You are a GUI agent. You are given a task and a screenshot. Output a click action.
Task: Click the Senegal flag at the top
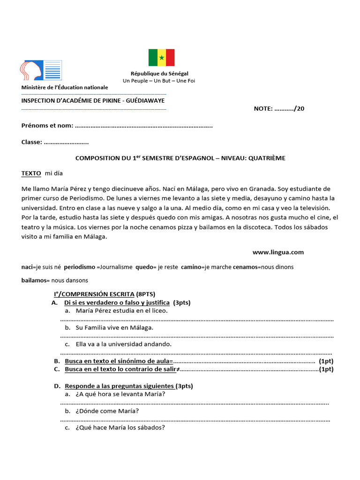[x=161, y=58]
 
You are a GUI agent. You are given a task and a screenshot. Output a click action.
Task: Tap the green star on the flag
[x=161, y=58]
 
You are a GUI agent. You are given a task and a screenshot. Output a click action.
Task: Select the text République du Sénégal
[x=159, y=74]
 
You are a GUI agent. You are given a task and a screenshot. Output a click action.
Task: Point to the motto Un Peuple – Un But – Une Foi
[x=159, y=81]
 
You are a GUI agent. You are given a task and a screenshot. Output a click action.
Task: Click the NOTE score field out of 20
[x=279, y=109]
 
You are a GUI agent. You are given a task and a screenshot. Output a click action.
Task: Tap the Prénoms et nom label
[x=47, y=126]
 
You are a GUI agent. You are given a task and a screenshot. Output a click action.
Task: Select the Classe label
[x=32, y=142]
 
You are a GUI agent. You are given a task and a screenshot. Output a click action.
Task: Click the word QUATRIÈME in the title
[x=267, y=158]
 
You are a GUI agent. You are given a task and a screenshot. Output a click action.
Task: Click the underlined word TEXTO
[x=31, y=173]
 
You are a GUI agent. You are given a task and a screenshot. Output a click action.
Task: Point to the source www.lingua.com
[x=278, y=252]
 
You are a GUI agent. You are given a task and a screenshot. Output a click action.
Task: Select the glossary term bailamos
[x=34, y=280]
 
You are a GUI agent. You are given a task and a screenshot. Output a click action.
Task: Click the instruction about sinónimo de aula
[x=119, y=361]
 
